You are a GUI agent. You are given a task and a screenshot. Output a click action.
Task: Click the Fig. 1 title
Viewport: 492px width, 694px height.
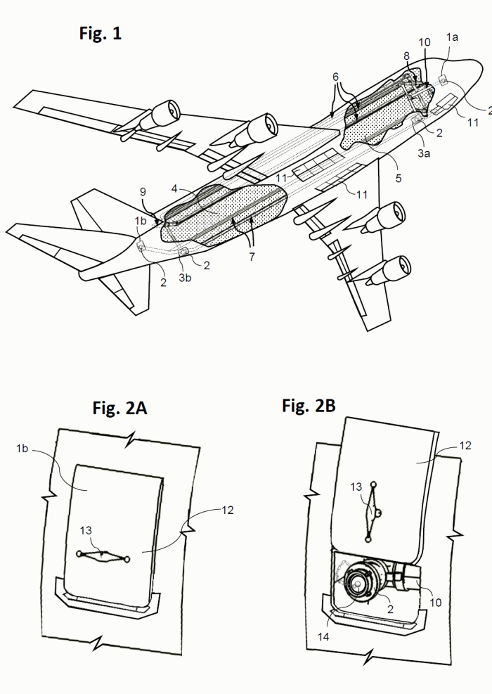point(100,33)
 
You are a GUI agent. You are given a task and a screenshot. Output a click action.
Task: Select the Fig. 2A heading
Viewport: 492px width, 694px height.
point(119,408)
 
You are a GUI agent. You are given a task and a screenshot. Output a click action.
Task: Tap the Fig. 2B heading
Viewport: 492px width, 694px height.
point(309,406)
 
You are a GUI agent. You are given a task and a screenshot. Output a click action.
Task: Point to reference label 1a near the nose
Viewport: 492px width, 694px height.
point(452,37)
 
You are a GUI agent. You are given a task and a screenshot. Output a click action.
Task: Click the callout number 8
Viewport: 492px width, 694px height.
point(407,56)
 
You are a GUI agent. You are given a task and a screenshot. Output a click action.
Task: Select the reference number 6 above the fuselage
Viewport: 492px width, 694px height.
point(336,77)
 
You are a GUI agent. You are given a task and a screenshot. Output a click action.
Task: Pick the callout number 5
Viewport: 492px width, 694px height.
point(399,178)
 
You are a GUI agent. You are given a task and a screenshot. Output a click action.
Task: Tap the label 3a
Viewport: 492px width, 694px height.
point(424,153)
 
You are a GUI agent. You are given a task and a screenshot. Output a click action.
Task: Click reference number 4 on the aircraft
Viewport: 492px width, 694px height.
point(174,189)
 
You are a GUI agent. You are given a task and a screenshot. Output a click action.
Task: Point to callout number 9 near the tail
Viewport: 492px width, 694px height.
point(143,192)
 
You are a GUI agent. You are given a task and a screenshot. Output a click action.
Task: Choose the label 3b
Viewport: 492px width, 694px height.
point(185,278)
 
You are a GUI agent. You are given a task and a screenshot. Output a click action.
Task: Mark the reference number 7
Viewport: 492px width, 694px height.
point(252,257)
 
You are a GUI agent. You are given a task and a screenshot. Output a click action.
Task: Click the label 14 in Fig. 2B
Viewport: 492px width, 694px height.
point(323,636)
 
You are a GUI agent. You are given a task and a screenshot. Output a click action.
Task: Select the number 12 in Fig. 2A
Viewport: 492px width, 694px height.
point(228,510)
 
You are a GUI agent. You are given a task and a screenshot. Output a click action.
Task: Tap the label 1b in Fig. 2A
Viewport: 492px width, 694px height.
point(22,449)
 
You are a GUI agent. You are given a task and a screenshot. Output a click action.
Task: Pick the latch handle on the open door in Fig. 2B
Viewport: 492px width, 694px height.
point(371,511)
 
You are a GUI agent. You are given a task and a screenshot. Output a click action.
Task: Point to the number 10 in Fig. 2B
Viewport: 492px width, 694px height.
point(436,603)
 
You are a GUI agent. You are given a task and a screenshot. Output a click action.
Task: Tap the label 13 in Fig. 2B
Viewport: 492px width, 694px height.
point(356,487)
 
